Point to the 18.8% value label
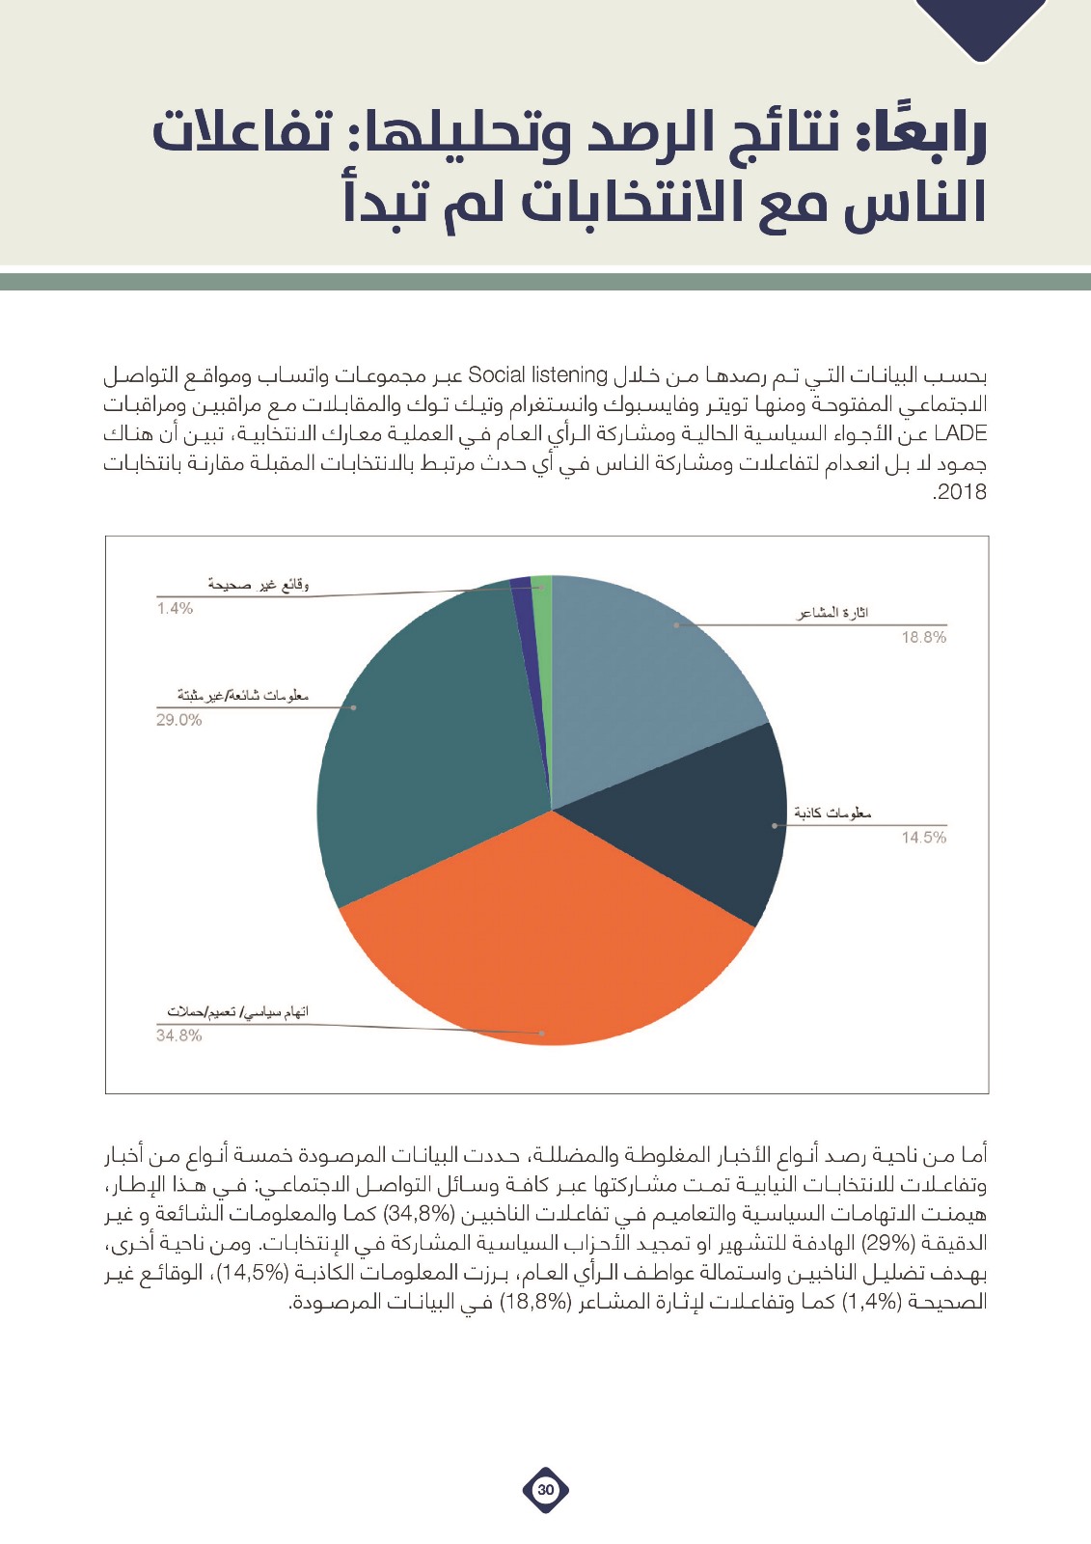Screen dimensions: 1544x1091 pos(923,638)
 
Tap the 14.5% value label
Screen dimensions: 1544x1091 pos(923,838)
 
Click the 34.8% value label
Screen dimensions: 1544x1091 pos(179,1035)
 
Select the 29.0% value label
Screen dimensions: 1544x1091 pos(179,720)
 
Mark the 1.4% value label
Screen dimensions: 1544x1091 pos(175,608)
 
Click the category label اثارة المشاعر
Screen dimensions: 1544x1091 pos(832,613)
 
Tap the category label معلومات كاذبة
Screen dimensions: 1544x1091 pos(832,813)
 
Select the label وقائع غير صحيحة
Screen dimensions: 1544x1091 pos(258,584)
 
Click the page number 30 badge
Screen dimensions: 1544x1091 pos(546,1489)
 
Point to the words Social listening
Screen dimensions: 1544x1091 pos(537,374)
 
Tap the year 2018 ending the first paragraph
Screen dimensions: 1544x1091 pos(961,492)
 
